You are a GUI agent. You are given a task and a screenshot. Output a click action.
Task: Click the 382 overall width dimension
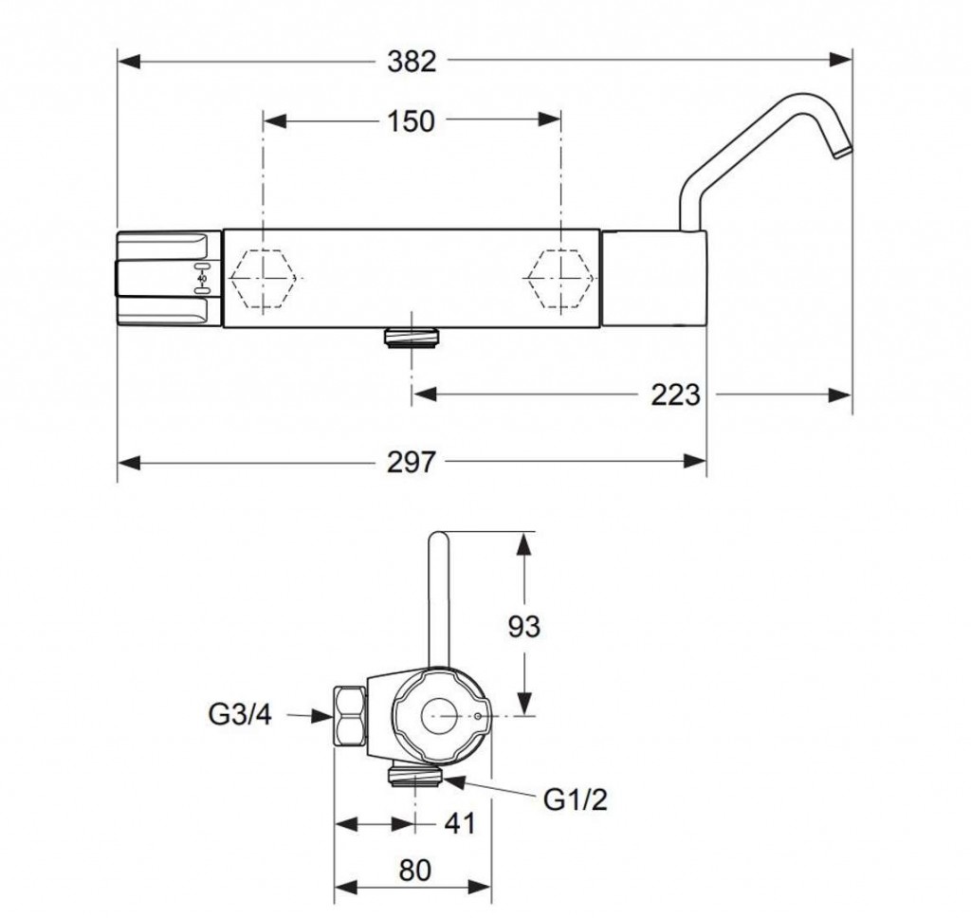point(412,62)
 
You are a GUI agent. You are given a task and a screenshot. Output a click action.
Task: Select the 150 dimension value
point(412,120)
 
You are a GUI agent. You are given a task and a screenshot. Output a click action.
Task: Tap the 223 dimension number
point(675,395)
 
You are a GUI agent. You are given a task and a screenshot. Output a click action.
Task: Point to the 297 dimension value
point(412,462)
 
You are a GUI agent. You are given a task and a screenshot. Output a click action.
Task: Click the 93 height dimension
point(523,626)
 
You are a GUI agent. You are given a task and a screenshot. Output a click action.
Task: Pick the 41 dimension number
point(460,824)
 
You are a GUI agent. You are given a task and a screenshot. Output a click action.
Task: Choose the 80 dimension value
point(414,871)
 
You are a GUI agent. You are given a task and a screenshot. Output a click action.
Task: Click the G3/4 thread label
point(240,715)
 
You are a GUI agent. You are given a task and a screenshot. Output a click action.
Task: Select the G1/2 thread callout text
point(576,799)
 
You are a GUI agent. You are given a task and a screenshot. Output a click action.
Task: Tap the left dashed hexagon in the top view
point(266,279)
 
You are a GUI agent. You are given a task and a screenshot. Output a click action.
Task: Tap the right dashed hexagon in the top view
point(560,279)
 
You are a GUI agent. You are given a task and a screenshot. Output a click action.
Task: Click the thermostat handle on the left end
point(169,278)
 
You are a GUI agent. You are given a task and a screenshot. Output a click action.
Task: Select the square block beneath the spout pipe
point(654,278)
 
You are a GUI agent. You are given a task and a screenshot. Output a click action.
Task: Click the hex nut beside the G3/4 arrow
point(350,716)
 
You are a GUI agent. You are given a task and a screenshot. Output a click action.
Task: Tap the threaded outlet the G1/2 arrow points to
point(415,775)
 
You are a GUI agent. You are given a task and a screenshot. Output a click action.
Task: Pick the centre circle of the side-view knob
point(440,715)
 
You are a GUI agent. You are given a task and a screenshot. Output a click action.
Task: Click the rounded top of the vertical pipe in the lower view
point(438,538)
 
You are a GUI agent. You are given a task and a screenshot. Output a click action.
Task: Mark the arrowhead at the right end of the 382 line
point(840,60)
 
